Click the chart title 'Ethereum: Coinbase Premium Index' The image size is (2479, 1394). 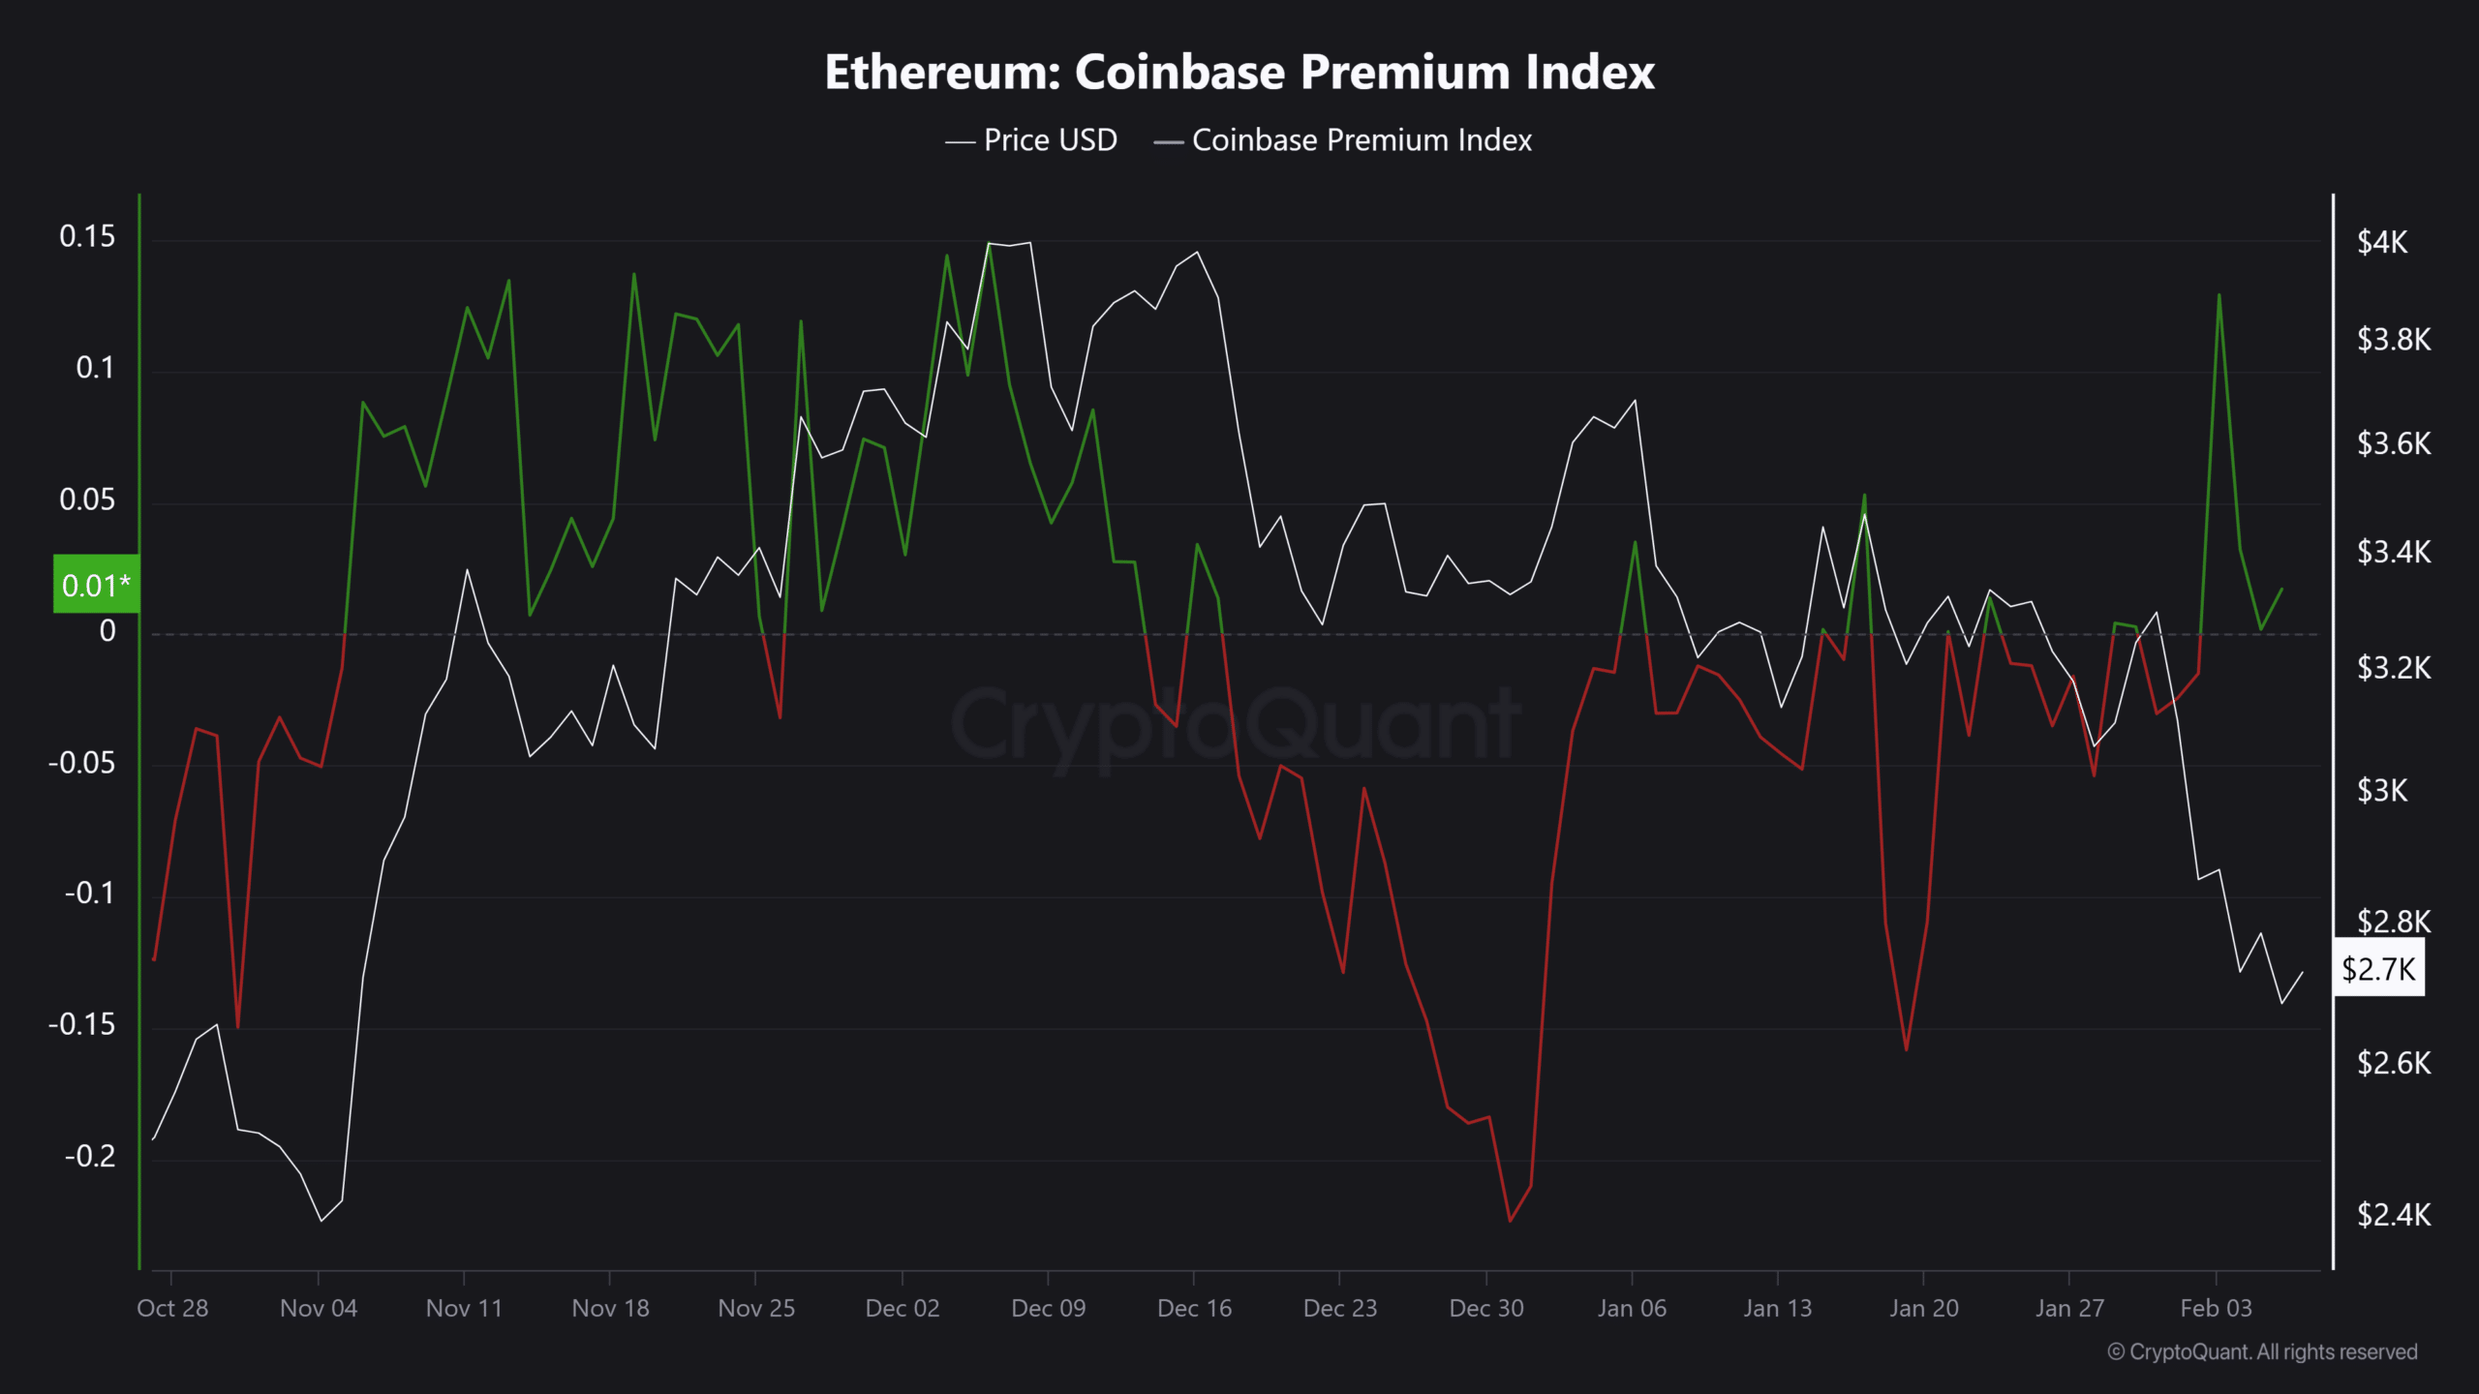[x=1239, y=72]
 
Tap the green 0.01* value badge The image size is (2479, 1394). [x=96, y=585]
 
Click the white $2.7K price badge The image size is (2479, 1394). [x=2378, y=968]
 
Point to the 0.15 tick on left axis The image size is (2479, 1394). [x=87, y=236]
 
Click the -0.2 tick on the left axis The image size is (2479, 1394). [x=89, y=1156]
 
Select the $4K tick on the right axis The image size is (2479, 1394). [x=2382, y=242]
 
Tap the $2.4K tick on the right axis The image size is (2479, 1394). [x=2394, y=1214]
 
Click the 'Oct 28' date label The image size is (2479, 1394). [x=172, y=1309]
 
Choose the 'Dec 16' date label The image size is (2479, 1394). [x=1194, y=1309]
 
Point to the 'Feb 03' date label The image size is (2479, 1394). [x=2216, y=1309]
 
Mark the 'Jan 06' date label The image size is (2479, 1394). [x=1632, y=1309]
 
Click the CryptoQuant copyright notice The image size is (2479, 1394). [x=2262, y=1352]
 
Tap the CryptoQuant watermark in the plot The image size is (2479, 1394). [x=1236, y=724]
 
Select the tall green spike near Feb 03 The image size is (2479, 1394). [x=2219, y=295]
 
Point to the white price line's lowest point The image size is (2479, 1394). [x=321, y=1221]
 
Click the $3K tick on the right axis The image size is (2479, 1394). [x=2382, y=791]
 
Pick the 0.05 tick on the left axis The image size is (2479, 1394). [x=87, y=500]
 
